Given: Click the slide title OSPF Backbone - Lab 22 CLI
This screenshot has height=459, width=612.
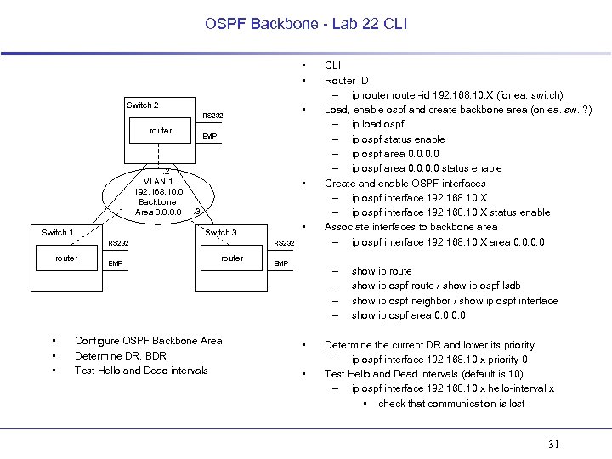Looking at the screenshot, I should tap(306, 24).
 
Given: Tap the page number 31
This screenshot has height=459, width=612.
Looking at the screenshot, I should tap(555, 444).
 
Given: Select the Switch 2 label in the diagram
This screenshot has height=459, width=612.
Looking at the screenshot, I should tap(142, 105).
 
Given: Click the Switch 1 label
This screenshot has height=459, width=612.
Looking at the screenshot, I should tap(58, 232).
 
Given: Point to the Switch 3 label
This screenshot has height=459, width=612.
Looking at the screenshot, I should tap(221, 233).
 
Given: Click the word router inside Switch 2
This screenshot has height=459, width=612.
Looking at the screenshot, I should tap(160, 131).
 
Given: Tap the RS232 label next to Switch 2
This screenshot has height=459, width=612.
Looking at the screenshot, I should tap(212, 116).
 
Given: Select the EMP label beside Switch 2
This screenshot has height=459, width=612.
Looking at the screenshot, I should tap(209, 137).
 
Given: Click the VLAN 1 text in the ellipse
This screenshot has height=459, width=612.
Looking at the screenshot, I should tap(158, 181).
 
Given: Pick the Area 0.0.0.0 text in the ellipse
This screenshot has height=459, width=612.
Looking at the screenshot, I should tap(158, 212).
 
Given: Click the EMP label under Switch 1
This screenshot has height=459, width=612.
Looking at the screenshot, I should tap(115, 264).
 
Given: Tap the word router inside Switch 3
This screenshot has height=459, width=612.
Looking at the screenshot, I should tap(231, 258).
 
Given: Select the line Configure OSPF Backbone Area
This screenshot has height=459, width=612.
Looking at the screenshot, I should tap(148, 341).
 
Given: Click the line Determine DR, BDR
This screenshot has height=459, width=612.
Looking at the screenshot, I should tap(120, 356).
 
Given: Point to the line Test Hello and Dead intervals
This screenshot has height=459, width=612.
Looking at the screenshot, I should tap(141, 371).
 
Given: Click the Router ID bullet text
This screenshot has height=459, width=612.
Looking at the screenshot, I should tap(346, 81).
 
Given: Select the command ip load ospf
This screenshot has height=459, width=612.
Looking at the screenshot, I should tap(377, 125).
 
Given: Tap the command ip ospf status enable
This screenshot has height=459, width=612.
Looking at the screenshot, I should tap(398, 139).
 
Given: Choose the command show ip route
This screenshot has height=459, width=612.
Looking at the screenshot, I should tap(381, 272).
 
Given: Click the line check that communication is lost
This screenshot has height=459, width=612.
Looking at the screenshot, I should tap(451, 404).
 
